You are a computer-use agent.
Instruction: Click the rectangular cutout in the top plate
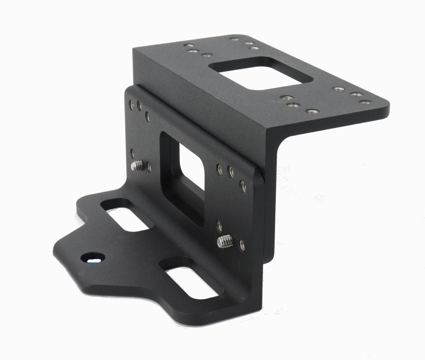pos(261,73)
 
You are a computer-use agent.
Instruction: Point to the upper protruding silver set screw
pos(138,166)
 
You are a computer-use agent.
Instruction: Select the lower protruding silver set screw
pos(225,242)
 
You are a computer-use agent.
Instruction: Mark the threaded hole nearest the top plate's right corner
pos(365,102)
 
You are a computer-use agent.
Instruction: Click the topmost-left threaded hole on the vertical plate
pos(132,104)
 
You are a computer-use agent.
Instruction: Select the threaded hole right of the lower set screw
pos(242,245)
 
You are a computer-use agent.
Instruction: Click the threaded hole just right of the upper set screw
pos(149,167)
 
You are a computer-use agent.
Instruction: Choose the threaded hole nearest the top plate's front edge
pos(312,111)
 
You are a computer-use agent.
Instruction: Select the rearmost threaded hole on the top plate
pos(235,39)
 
